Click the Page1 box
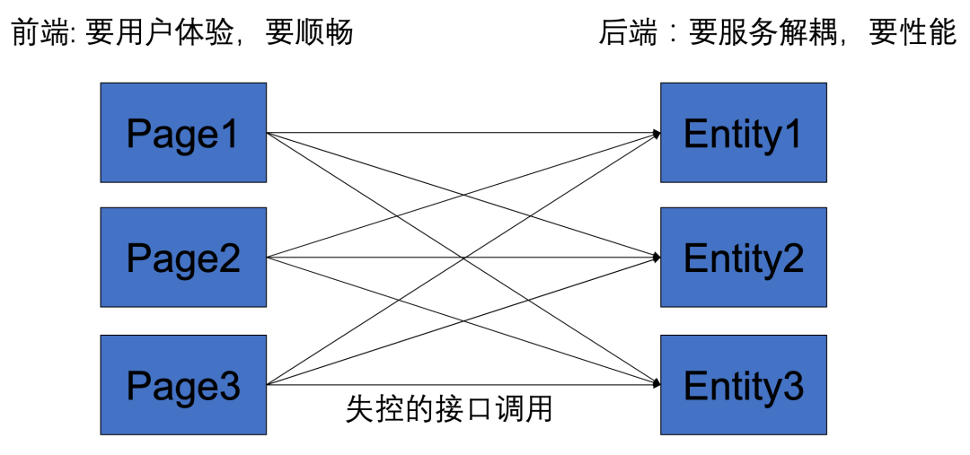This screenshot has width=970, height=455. [x=183, y=133]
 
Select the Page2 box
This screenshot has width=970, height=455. [x=183, y=258]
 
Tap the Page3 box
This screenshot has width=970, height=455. [x=183, y=385]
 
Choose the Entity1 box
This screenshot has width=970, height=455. [x=743, y=133]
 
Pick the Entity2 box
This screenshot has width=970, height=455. [x=743, y=258]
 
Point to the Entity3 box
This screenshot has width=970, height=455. [x=743, y=385]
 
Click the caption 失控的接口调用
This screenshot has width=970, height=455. [x=448, y=409]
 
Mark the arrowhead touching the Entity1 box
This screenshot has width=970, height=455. [x=657, y=134]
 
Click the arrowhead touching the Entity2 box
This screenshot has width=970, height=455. [x=657, y=258]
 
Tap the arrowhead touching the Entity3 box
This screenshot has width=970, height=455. [x=657, y=384]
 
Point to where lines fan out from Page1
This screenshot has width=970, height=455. [x=269, y=133]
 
